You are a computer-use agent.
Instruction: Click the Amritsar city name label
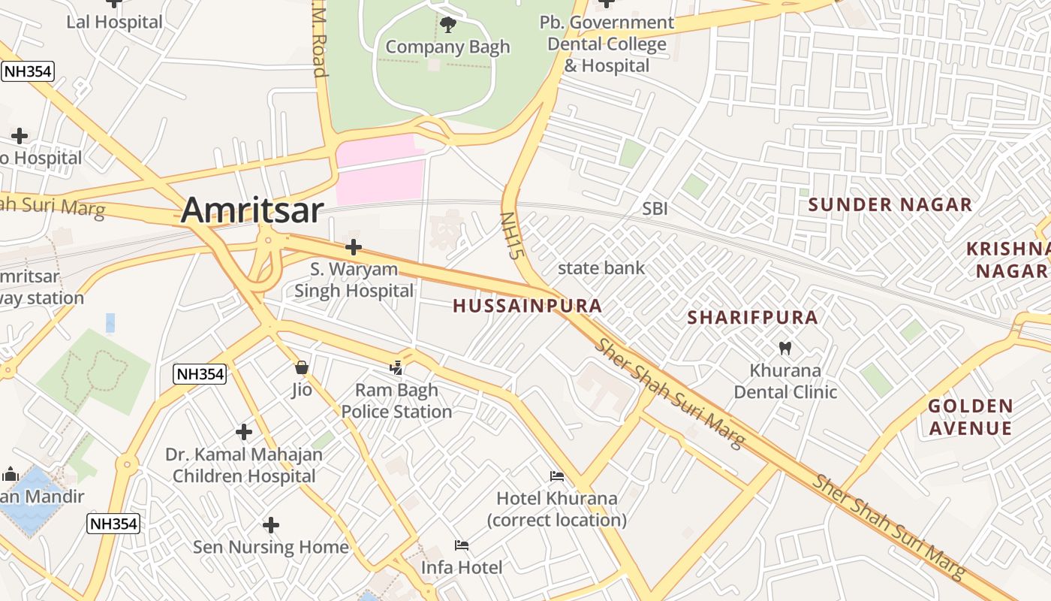click(x=252, y=210)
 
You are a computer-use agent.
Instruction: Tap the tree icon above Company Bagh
click(x=448, y=25)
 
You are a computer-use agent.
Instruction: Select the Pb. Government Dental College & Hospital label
click(x=607, y=44)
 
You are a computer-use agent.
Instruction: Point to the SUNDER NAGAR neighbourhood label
click(x=890, y=204)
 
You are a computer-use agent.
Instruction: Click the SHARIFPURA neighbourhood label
click(x=752, y=317)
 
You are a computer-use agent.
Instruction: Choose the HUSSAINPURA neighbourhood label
click(x=527, y=306)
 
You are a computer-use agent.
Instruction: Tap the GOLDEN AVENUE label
click(x=970, y=418)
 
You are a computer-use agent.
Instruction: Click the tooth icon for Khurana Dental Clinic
click(x=785, y=349)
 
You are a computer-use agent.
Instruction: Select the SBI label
click(x=655, y=209)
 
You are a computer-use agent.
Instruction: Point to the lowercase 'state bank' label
click(x=601, y=267)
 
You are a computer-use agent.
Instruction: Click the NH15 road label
click(x=510, y=235)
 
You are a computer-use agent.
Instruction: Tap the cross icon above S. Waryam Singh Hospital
click(x=353, y=247)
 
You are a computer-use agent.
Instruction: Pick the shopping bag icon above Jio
click(x=302, y=367)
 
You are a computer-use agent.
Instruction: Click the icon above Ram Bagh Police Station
click(x=396, y=367)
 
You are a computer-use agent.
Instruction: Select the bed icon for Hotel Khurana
click(x=556, y=476)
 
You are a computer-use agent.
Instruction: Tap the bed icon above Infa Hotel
click(x=462, y=545)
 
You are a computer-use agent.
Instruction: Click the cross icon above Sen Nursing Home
click(x=271, y=525)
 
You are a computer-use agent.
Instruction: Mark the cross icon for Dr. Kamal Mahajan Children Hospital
click(x=243, y=432)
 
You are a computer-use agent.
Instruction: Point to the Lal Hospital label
click(x=114, y=22)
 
